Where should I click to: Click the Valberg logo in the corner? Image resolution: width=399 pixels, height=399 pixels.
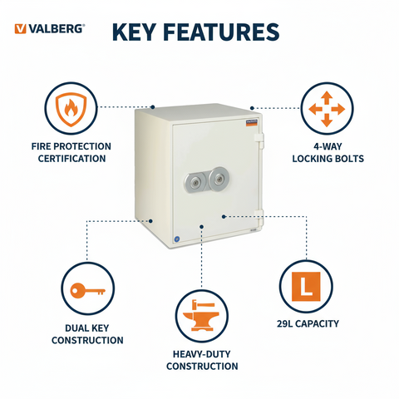[49, 28]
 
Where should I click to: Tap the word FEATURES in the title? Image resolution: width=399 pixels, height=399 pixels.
[224, 32]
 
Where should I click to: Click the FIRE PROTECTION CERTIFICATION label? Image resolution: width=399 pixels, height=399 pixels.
[70, 152]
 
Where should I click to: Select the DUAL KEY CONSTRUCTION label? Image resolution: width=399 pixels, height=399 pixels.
[86, 334]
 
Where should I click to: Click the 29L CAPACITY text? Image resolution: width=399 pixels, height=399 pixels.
[307, 323]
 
